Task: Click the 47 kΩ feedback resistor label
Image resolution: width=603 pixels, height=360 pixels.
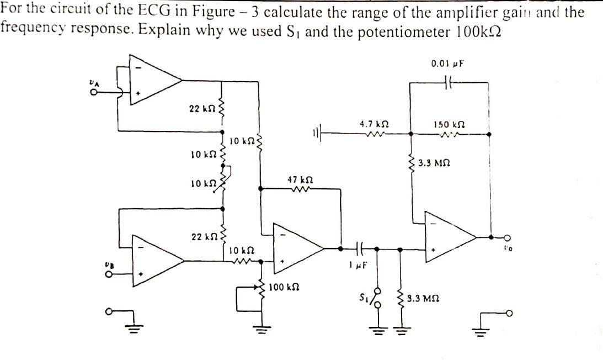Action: (x=300, y=180)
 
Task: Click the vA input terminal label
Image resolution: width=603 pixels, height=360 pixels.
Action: (x=94, y=82)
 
